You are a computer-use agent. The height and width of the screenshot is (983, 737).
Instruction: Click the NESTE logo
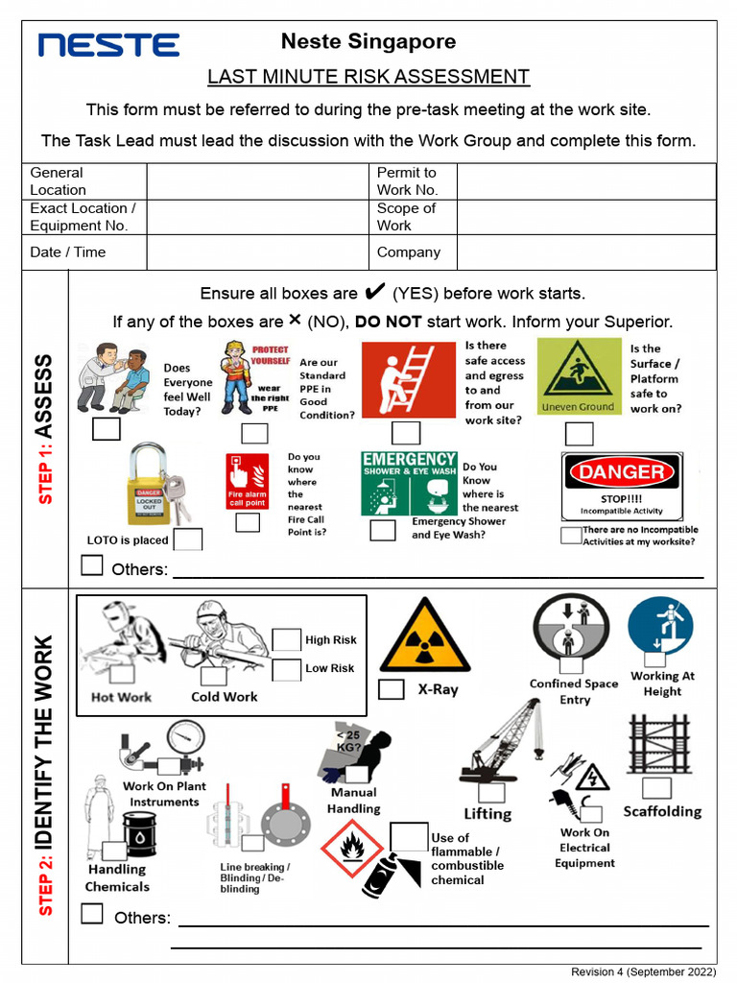tap(108, 45)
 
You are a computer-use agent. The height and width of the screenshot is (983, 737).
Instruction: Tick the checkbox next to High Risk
tap(287, 640)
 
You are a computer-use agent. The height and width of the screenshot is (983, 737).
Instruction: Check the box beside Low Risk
tap(287, 670)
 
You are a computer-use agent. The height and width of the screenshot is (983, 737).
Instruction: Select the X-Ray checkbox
tap(391, 689)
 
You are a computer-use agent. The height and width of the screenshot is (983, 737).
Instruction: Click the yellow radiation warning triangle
tap(424, 637)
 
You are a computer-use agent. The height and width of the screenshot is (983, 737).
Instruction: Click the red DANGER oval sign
tap(621, 471)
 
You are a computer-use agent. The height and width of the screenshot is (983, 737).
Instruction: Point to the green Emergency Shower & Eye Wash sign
tap(409, 484)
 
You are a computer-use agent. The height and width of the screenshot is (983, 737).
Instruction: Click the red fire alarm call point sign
tap(247, 481)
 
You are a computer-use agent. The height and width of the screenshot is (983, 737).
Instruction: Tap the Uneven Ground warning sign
tap(578, 376)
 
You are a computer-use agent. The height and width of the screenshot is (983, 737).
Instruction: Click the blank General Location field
tap(257, 181)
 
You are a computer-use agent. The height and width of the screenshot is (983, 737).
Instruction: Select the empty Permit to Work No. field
tap(585, 181)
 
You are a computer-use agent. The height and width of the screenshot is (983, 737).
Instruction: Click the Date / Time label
tap(68, 252)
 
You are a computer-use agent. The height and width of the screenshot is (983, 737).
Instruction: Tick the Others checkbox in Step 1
tap(92, 565)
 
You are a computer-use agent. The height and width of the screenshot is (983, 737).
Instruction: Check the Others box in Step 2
tap(92, 914)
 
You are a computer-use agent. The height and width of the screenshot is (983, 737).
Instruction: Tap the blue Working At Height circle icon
tap(660, 626)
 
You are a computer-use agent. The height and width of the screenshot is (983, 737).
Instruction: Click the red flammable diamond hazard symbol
tap(352, 848)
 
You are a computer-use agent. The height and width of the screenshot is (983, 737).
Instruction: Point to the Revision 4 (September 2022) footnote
tap(643, 972)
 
